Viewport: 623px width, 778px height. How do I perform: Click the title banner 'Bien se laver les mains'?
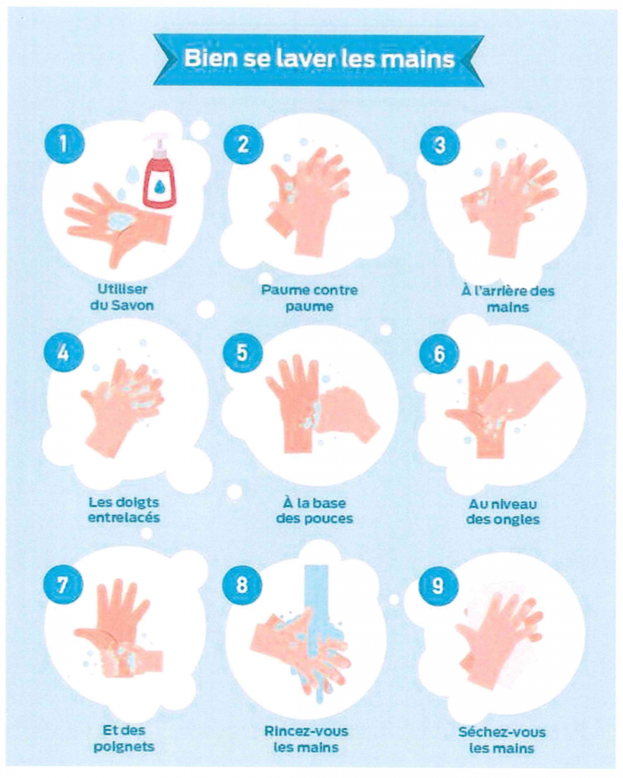(x=318, y=59)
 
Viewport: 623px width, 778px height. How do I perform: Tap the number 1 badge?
(x=64, y=144)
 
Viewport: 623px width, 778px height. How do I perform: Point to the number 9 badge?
(x=438, y=586)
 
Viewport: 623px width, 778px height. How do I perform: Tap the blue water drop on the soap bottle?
(x=160, y=186)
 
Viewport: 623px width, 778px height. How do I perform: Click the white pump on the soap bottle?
(x=158, y=142)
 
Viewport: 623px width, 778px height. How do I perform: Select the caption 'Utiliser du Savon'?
(x=122, y=297)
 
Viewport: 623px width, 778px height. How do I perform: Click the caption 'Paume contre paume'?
(x=309, y=298)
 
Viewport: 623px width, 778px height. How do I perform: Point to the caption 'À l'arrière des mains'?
(x=508, y=299)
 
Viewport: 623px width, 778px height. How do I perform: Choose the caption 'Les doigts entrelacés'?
(x=124, y=510)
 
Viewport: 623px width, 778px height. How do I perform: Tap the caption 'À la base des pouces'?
(x=315, y=511)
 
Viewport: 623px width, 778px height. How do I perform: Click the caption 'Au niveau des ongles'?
(x=502, y=511)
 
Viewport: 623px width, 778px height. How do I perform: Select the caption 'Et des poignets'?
(x=124, y=738)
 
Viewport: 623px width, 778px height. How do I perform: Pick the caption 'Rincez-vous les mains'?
(x=306, y=739)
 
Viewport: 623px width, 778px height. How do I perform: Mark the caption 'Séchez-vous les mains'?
(x=501, y=740)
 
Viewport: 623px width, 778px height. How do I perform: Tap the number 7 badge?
(x=62, y=584)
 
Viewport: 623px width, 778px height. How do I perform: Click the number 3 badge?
(x=440, y=144)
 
